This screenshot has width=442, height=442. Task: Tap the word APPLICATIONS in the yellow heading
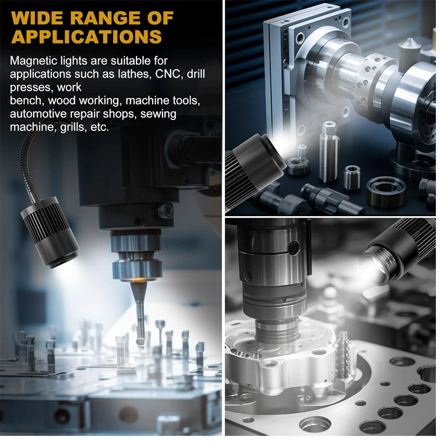coord(87,36)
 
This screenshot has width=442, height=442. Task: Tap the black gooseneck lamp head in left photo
coord(50,233)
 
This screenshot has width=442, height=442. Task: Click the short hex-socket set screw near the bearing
coord(352,177)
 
